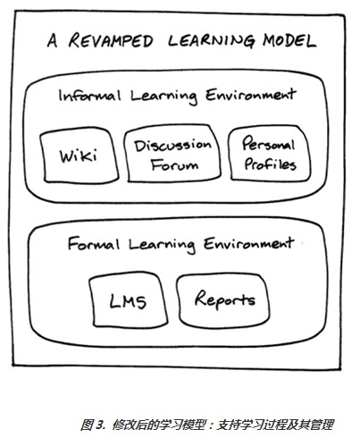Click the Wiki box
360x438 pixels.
79,155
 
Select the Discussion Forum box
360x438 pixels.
172,153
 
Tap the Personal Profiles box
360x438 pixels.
269,153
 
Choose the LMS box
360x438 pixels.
128,299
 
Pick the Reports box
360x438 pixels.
223,299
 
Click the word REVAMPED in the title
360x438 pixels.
111,40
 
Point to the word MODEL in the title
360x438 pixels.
289,41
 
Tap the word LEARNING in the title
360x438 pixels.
212,41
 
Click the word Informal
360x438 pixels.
89,96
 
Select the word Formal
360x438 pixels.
94,244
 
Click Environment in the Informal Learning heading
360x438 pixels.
251,95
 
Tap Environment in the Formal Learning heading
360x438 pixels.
249,244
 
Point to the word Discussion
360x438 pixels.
172,145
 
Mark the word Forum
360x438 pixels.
174,164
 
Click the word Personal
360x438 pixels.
269,143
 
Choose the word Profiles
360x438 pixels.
270,164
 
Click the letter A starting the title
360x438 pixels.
53,40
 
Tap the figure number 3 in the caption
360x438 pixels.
100,425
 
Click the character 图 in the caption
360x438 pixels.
88,425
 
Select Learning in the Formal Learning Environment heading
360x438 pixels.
163,245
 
